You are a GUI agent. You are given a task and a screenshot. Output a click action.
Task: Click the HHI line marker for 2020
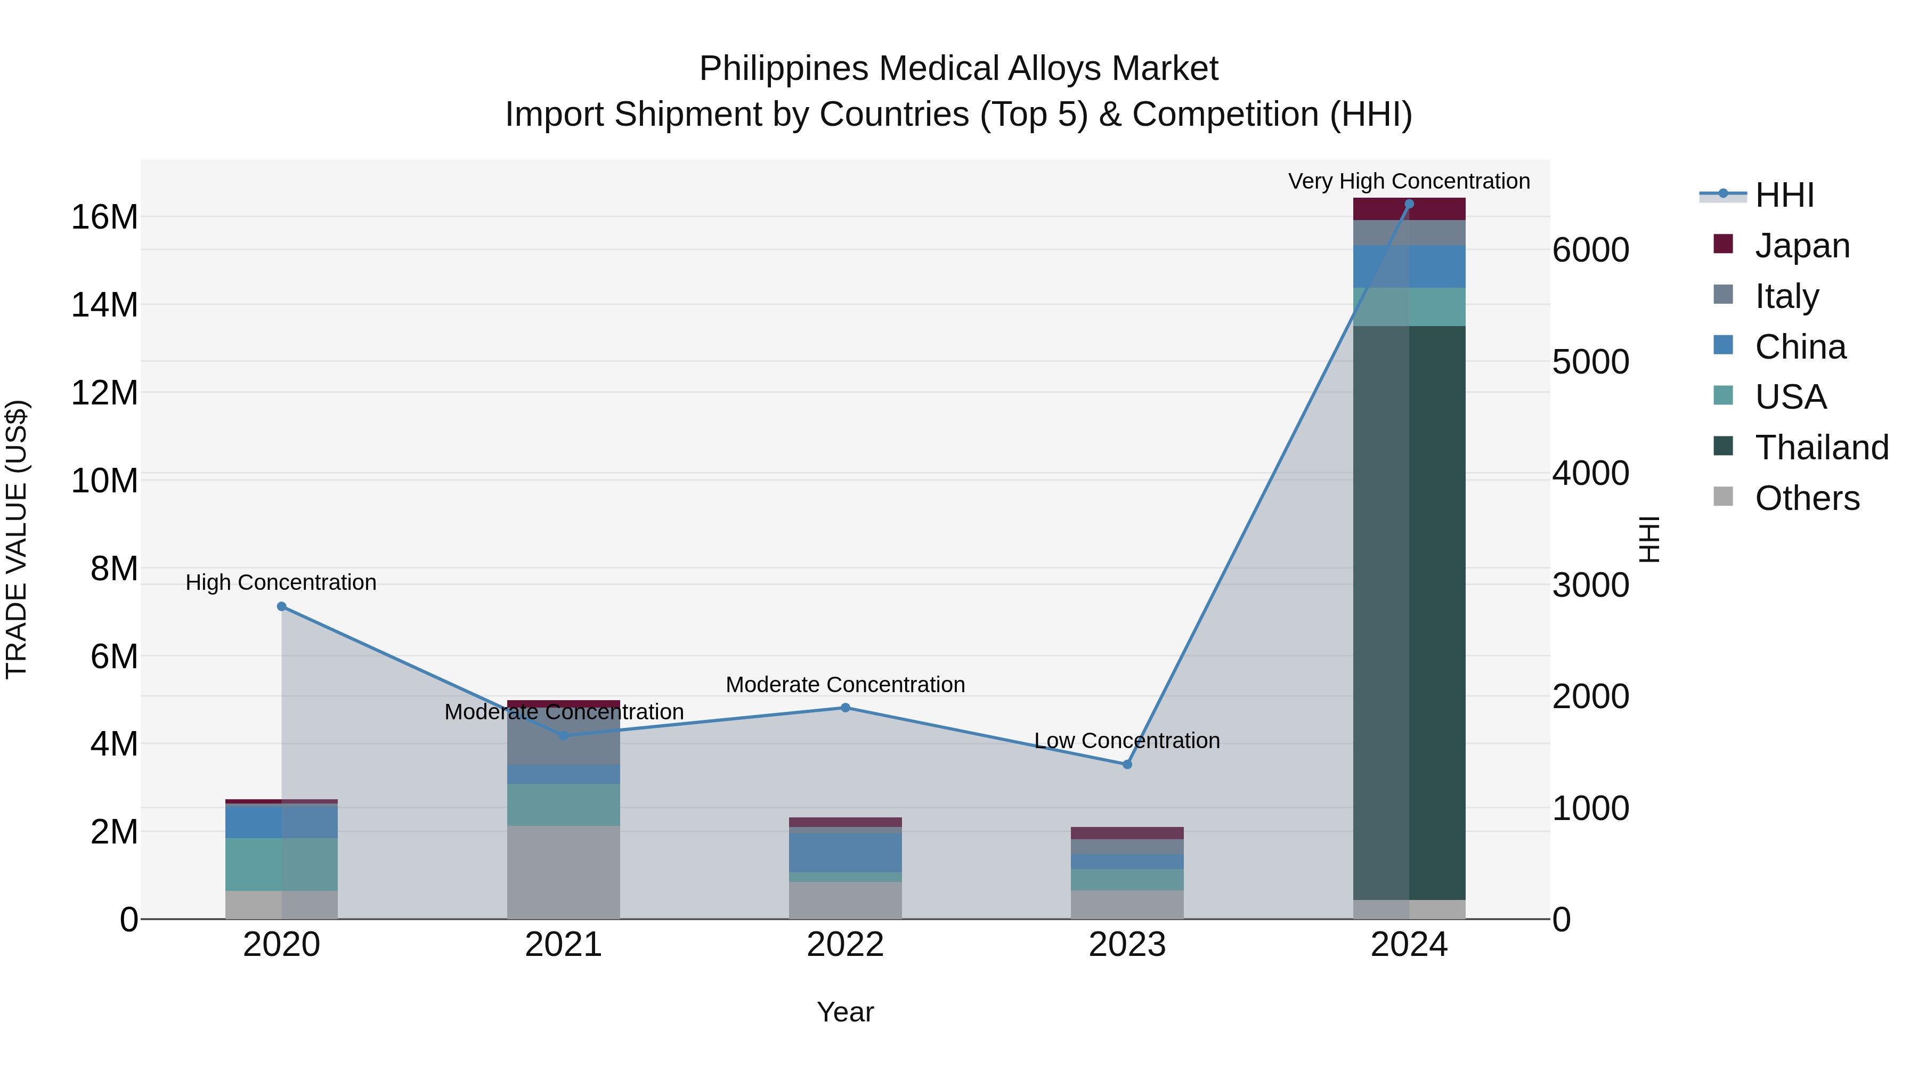click(281, 606)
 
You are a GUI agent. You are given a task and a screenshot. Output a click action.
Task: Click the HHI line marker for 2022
click(845, 708)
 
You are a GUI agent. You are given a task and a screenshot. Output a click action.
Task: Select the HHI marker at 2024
click(1409, 204)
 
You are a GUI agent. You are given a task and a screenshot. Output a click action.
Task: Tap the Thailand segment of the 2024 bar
click(1409, 611)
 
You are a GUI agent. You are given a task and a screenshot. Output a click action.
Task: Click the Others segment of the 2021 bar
click(563, 871)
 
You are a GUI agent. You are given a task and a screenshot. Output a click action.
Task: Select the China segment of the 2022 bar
click(845, 853)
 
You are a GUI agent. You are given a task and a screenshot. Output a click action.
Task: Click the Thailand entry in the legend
click(1821, 448)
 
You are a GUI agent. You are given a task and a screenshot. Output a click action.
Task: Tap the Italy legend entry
click(1786, 296)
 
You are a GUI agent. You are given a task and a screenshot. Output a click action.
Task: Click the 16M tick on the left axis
click(104, 217)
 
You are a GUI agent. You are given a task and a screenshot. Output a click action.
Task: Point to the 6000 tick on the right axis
click(1590, 250)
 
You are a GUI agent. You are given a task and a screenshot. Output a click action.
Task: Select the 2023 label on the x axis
click(1126, 945)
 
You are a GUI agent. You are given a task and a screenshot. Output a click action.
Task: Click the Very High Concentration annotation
click(1409, 181)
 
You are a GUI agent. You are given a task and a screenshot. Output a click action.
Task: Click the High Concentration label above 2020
click(281, 582)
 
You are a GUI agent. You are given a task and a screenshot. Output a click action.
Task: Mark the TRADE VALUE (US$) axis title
click(17, 539)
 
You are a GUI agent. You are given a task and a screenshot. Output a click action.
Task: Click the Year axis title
click(845, 1012)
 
